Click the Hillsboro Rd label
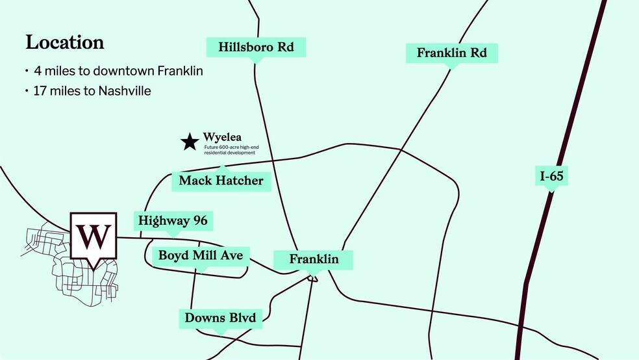pyautogui.click(x=255, y=47)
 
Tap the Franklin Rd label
pyautogui.click(x=451, y=53)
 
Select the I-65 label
pyautogui.click(x=551, y=175)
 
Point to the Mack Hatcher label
pyautogui.click(x=221, y=180)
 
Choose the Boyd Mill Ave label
pyautogui.click(x=201, y=255)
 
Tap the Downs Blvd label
pyautogui.click(x=220, y=318)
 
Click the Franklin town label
pyautogui.click(x=314, y=259)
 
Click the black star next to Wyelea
pyautogui.click(x=190, y=142)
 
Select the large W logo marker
pyautogui.click(x=95, y=237)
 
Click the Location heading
pyautogui.click(x=65, y=43)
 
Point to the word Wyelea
pyautogui.click(x=222, y=138)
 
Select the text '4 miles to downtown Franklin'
pyautogui.click(x=118, y=71)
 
